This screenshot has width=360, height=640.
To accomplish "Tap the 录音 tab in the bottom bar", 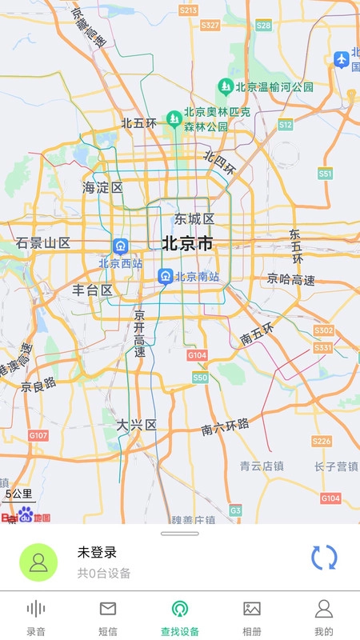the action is click(x=36, y=618).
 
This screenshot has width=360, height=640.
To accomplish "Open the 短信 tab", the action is click(x=108, y=618).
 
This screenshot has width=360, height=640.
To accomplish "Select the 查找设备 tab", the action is click(x=180, y=618).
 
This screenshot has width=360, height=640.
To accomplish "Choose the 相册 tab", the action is click(x=252, y=618).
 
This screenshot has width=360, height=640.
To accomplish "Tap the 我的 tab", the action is click(x=324, y=618).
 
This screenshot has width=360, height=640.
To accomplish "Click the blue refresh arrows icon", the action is click(x=324, y=558).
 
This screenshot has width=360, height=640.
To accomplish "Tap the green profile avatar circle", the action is click(x=38, y=562).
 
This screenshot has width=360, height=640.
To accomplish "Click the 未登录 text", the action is click(x=97, y=552).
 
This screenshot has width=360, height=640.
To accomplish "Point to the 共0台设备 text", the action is click(x=104, y=573).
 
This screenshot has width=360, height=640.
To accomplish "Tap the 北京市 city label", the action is click(x=188, y=243).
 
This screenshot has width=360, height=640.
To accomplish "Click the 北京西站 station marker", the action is click(x=120, y=246).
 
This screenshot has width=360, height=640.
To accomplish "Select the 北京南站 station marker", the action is click(x=165, y=277).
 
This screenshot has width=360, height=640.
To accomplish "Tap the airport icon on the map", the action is click(x=342, y=58).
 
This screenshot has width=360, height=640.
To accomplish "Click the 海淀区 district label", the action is click(x=103, y=188).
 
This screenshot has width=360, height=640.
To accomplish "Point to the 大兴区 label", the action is click(x=136, y=424).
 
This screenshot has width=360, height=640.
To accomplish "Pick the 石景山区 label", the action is click(x=43, y=243).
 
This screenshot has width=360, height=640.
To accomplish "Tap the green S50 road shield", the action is click(x=200, y=377).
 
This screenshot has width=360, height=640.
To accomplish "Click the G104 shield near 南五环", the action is click(x=197, y=354).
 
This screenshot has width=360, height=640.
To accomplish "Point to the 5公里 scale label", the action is click(x=18, y=494).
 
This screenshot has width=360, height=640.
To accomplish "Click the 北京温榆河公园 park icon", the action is click(x=226, y=86).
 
